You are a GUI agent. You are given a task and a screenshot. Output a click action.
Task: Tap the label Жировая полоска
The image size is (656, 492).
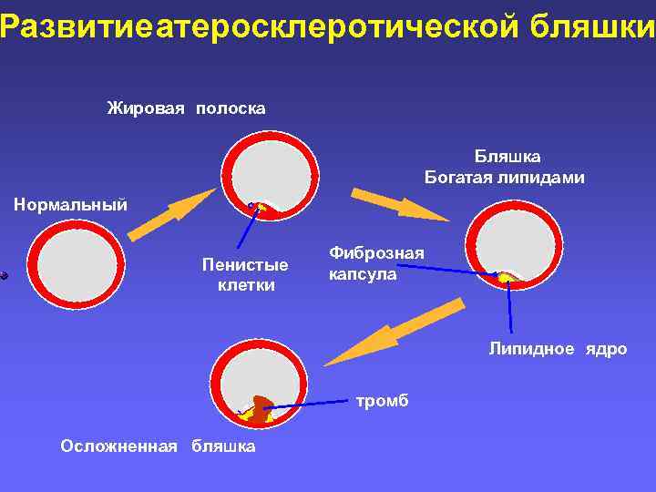point(186,109)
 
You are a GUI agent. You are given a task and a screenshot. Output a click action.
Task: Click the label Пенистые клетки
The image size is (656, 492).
point(245,275)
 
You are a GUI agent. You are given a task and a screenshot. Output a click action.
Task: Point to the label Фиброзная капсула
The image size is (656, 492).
point(376,263)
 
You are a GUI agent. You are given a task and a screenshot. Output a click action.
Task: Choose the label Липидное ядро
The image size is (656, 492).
point(558,349)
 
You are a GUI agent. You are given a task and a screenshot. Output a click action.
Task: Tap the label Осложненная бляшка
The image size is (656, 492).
point(158,446)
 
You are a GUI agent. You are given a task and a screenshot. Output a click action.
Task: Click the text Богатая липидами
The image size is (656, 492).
point(504,178)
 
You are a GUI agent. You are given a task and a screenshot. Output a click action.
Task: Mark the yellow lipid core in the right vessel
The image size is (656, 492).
point(504,276)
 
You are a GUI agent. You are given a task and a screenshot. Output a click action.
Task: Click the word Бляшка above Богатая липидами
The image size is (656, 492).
point(507,157)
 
